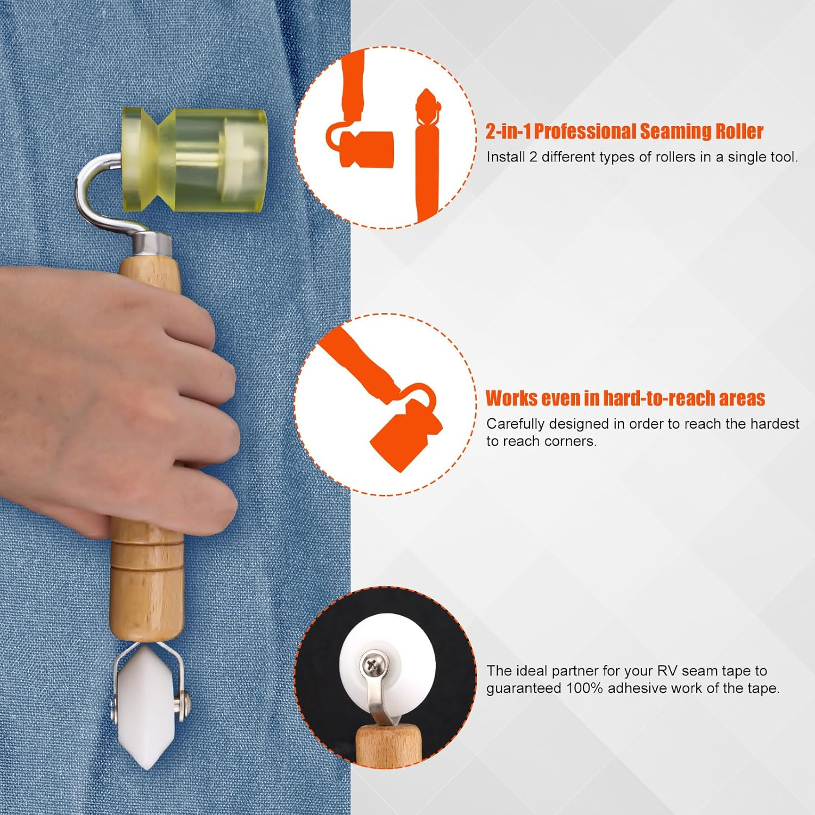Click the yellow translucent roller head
(194, 160)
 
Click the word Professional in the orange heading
(585, 131)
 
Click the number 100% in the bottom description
(585, 688)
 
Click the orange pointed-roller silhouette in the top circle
(428, 155)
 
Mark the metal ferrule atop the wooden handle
(152, 244)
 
